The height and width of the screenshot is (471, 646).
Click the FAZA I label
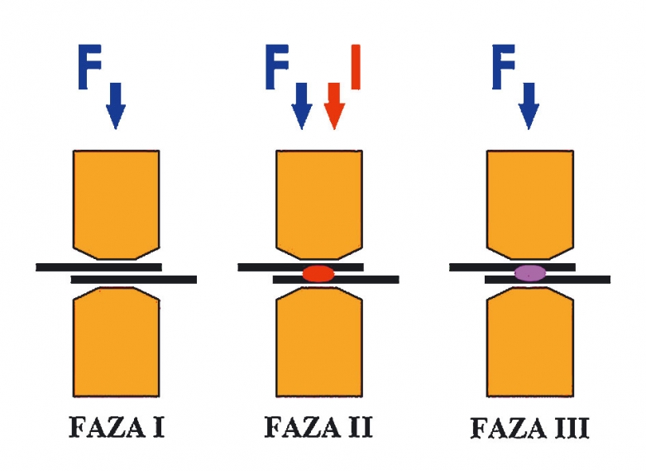tap(116, 429)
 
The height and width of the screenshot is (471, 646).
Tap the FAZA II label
tap(318, 429)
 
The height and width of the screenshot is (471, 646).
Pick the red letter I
tap(355, 66)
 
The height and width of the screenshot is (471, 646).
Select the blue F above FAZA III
tap(506, 66)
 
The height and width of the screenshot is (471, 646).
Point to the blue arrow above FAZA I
tap(116, 103)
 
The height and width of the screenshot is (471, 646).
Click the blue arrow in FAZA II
tap(302, 103)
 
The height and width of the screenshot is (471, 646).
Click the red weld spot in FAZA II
tap(318, 273)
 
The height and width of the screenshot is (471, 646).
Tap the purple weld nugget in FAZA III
tap(529, 272)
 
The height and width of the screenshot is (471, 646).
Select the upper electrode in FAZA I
tap(116, 199)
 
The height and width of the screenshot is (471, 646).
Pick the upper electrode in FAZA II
tap(318, 199)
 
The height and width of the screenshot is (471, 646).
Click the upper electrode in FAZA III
tap(529, 199)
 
